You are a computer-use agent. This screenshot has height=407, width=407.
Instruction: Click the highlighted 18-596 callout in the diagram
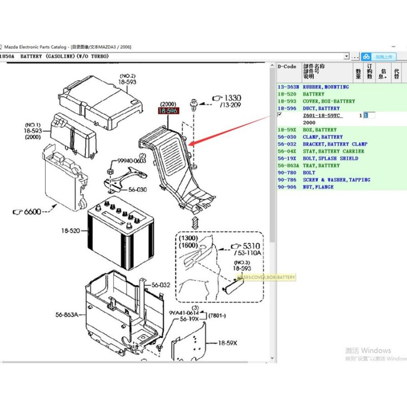point(168,110)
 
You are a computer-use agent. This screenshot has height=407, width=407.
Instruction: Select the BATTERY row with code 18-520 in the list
point(313,94)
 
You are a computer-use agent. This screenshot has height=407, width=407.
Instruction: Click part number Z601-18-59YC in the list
point(323,115)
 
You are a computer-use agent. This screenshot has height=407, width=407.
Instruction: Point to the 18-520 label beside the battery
point(71,230)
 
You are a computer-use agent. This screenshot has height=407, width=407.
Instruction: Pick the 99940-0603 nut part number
point(132,161)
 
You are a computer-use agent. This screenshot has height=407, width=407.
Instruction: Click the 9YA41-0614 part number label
point(184,313)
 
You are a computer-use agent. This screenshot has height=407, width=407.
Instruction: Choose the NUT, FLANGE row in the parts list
point(318,187)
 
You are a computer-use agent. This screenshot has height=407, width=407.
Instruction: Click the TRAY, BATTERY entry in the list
point(321,165)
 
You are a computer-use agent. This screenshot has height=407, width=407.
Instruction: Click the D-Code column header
point(286,67)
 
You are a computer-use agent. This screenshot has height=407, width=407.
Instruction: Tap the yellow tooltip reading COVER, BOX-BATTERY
point(266,277)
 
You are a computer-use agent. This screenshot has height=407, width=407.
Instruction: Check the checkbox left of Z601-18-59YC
point(279,115)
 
